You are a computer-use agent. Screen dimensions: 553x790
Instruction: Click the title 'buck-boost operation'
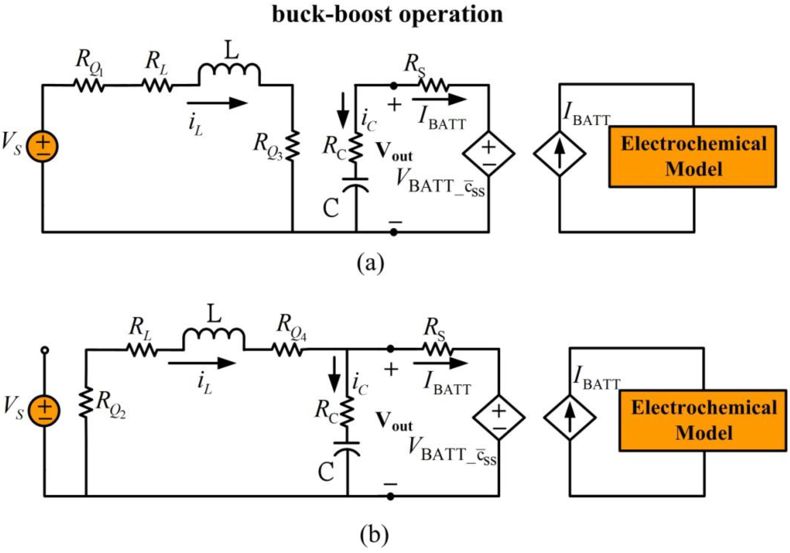point(387,15)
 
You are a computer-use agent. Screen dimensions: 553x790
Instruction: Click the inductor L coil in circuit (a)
point(229,71)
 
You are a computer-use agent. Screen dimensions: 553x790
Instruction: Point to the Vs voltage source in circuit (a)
point(43,146)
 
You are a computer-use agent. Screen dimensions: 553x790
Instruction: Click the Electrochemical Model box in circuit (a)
point(693,157)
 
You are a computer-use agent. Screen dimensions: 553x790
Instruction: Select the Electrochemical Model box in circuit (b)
point(703,421)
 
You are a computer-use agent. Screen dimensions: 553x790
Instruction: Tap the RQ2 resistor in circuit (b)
point(86,402)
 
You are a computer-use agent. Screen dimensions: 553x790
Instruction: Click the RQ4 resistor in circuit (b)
point(287,350)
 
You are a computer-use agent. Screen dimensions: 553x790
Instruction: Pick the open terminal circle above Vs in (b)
point(45,350)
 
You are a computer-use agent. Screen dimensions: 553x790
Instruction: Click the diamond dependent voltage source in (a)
point(489,153)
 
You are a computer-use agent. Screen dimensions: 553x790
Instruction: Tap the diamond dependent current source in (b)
point(570,417)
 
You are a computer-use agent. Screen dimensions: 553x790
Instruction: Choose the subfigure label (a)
point(370,264)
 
